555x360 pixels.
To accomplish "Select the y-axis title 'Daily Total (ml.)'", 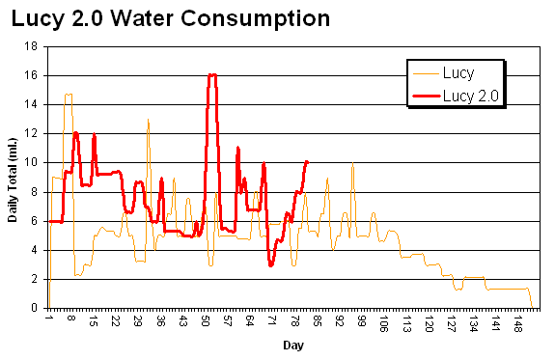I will pyautogui.click(x=14, y=177).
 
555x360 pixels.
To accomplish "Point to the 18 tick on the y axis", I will pyautogui.click(x=33, y=45).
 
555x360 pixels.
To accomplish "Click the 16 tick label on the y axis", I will pyautogui.click(x=33, y=74).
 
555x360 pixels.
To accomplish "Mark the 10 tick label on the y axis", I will pyautogui.click(x=33, y=162).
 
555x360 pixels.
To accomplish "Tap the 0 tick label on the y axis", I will pyautogui.click(x=36, y=308).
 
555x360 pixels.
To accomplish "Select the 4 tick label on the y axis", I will pyautogui.click(x=36, y=250).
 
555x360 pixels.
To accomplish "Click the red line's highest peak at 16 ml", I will pyautogui.click(x=212, y=74).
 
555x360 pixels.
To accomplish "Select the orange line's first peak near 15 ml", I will pyautogui.click(x=68, y=95).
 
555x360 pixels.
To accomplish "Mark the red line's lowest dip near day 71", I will pyautogui.click(x=271, y=264).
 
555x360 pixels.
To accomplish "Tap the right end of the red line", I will pyautogui.click(x=307, y=161).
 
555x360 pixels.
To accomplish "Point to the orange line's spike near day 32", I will pyautogui.click(x=148, y=120).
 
